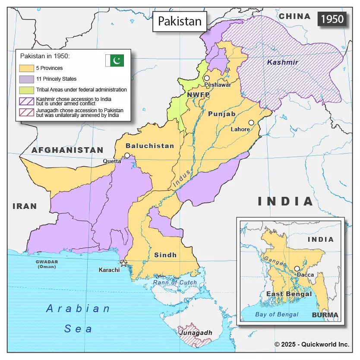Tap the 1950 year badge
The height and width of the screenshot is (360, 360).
[332, 19]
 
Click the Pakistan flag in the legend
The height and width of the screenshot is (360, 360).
[114, 61]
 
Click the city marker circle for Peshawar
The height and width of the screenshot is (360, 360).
[207, 78]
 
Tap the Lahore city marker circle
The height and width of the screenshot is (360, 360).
[251, 123]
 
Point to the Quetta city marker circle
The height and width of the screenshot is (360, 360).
[127, 155]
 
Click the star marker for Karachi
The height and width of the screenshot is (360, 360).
[123, 263]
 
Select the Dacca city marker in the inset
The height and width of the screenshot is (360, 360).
[297, 268]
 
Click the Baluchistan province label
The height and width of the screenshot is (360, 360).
[150, 146]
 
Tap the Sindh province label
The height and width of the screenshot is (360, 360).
[165, 255]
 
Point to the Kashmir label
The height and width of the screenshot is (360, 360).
[282, 63]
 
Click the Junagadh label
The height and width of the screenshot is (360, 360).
[196, 333]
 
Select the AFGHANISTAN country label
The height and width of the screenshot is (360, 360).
[67, 150]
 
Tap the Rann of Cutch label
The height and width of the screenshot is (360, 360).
[175, 283]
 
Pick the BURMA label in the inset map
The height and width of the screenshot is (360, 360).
[325, 315]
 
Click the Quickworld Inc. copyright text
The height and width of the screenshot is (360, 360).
[312, 344]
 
